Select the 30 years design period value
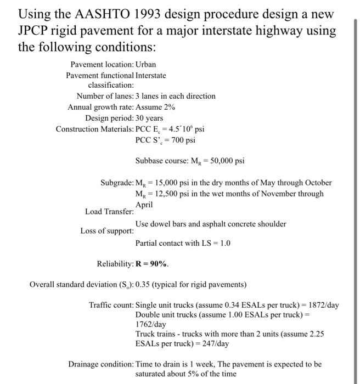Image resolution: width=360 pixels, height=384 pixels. pyautogui.click(x=149, y=118)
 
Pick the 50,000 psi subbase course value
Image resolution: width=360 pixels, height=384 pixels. pyautogui.click(x=217, y=161)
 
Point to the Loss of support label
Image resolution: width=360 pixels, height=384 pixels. pyautogui.click(x=107, y=230)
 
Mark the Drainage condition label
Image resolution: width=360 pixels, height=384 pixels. pyautogui.click(x=100, y=364)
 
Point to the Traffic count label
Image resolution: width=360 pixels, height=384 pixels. pyautogui.click(x=111, y=304)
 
